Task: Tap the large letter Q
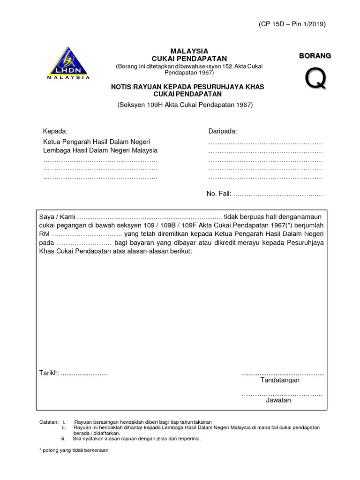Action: tap(315, 79)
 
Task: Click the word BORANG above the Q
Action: tap(315, 56)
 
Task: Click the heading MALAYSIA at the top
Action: tap(189, 51)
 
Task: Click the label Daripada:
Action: tap(223, 131)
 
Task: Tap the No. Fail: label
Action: tap(219, 194)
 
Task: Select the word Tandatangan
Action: tap(280, 380)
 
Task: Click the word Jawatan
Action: tap(278, 400)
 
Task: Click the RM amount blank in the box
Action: tap(86, 234)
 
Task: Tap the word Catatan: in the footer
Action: tap(49, 422)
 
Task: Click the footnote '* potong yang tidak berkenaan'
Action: tap(74, 450)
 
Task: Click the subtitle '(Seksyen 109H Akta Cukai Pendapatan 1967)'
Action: tap(185, 105)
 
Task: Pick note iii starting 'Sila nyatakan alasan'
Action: tap(136, 439)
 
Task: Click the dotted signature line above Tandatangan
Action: tap(282, 374)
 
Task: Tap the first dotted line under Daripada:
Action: tap(265, 142)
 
